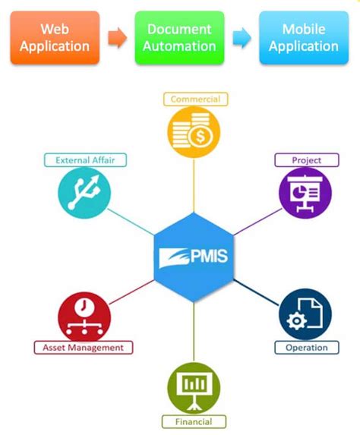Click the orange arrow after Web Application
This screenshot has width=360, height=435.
[118, 37]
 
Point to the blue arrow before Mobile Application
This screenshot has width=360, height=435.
[241, 37]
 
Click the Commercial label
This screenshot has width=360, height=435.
[195, 99]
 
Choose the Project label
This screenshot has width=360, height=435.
[306, 160]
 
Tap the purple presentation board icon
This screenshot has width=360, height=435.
[305, 193]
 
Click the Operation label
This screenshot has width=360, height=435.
[306, 348]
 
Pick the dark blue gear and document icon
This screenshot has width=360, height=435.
[305, 314]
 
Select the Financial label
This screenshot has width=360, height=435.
[193, 421]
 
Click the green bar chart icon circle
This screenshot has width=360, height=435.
[193, 387]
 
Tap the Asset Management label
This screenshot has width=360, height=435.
[83, 348]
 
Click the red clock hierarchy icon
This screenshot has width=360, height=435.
[84, 314]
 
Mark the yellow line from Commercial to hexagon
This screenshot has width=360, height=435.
[194, 186]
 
